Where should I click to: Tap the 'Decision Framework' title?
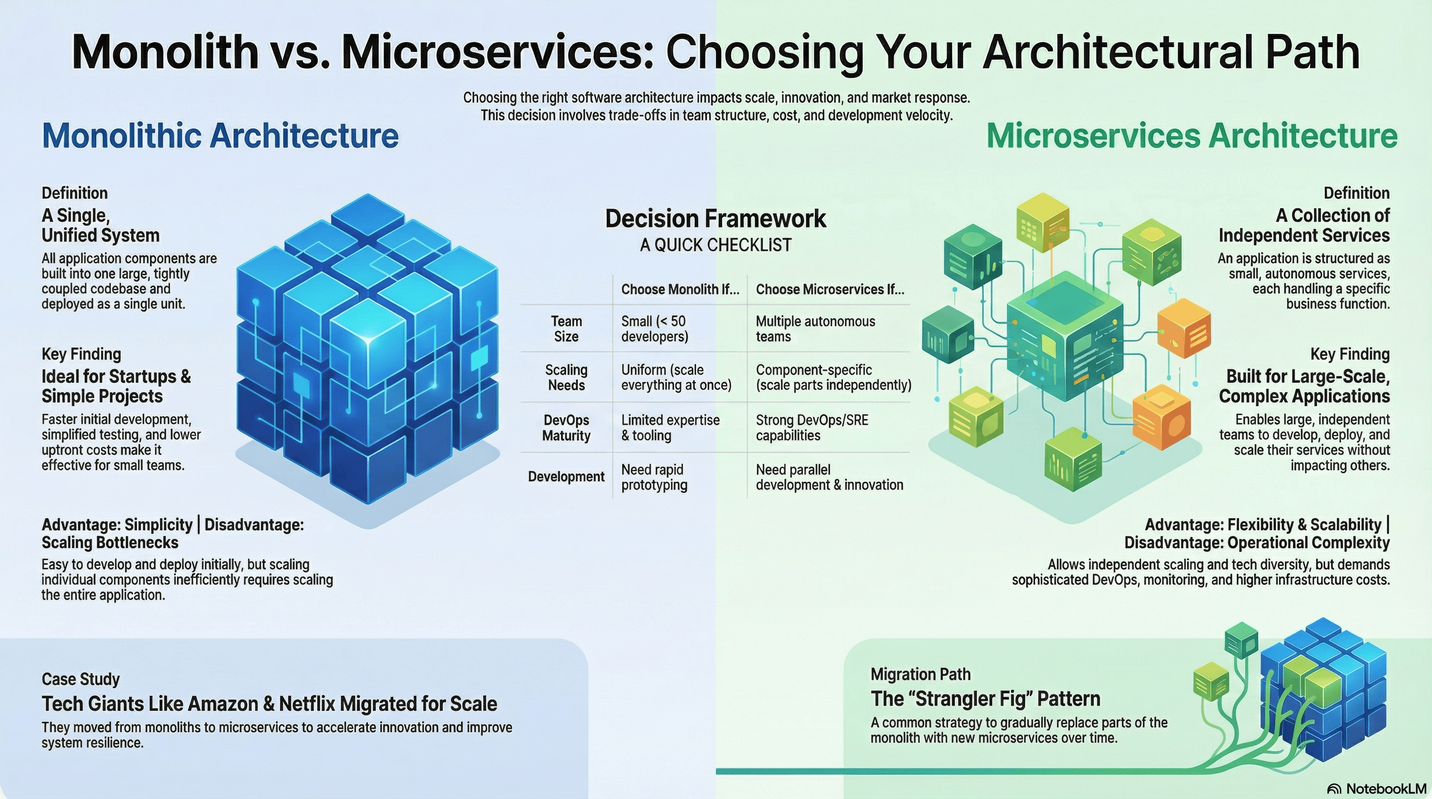click(x=715, y=218)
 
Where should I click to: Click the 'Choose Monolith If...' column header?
click(x=680, y=290)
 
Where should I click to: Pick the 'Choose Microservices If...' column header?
click(x=829, y=290)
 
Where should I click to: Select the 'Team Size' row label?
click(x=566, y=329)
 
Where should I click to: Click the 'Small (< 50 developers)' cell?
click(x=654, y=329)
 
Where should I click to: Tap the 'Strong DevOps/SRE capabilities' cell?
click(x=812, y=428)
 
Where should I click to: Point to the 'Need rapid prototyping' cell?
click(x=654, y=478)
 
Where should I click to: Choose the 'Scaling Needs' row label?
click(x=566, y=378)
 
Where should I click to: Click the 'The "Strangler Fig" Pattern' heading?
click(x=985, y=699)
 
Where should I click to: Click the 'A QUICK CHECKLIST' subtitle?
click(x=715, y=245)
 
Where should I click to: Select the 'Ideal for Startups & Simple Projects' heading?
click(x=116, y=386)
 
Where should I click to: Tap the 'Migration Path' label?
click(x=920, y=675)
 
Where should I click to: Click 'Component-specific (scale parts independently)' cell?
click(x=833, y=378)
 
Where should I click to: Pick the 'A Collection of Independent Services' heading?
click(x=1303, y=226)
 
